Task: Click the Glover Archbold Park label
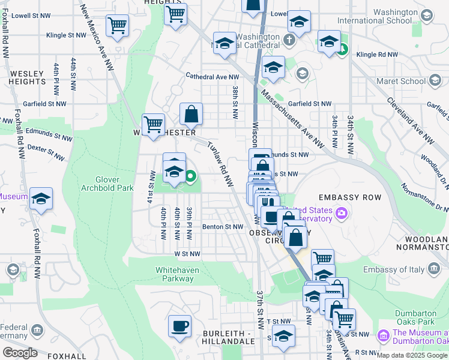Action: click(x=107, y=184)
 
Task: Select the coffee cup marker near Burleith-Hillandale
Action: click(x=179, y=326)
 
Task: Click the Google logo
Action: click(x=20, y=353)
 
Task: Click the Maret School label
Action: click(x=401, y=81)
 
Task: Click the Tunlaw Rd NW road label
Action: click(x=220, y=164)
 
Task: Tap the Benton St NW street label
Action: click(x=221, y=227)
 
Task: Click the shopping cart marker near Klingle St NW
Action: click(x=117, y=26)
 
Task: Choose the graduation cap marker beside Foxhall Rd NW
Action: click(x=41, y=199)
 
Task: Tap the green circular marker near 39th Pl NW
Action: click(x=190, y=176)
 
